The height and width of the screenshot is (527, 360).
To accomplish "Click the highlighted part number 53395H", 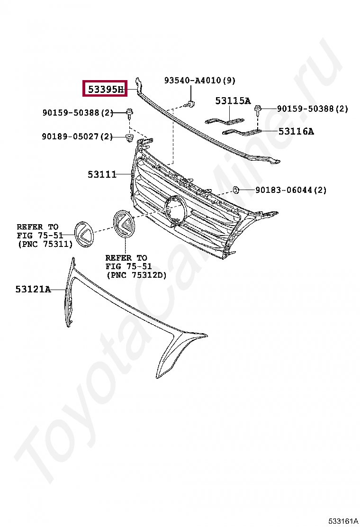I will point(105,88).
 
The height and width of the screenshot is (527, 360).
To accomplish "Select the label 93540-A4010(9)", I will point(199,81).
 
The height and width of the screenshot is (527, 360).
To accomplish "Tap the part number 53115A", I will point(233,100).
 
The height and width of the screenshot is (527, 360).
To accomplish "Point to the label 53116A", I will point(296,131).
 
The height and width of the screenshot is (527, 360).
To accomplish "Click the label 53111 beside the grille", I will point(102,174).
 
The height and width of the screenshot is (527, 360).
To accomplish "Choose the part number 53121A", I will point(33,289).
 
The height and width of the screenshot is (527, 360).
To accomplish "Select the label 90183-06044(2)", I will point(291,190).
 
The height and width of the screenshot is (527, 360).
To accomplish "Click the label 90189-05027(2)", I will point(77,136).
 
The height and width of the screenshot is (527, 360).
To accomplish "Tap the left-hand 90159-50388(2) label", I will point(78,112).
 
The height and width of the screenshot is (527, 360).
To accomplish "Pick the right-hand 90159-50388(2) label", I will point(312,109).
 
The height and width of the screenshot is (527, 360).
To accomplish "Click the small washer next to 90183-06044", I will point(235,190).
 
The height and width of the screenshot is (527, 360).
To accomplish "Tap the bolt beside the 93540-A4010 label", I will point(190,103).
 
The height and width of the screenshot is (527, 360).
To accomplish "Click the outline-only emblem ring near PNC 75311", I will point(85,233).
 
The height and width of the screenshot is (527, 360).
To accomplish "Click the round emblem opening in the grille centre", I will point(175,209).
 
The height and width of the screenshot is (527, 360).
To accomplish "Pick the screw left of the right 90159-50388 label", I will point(259,109).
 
